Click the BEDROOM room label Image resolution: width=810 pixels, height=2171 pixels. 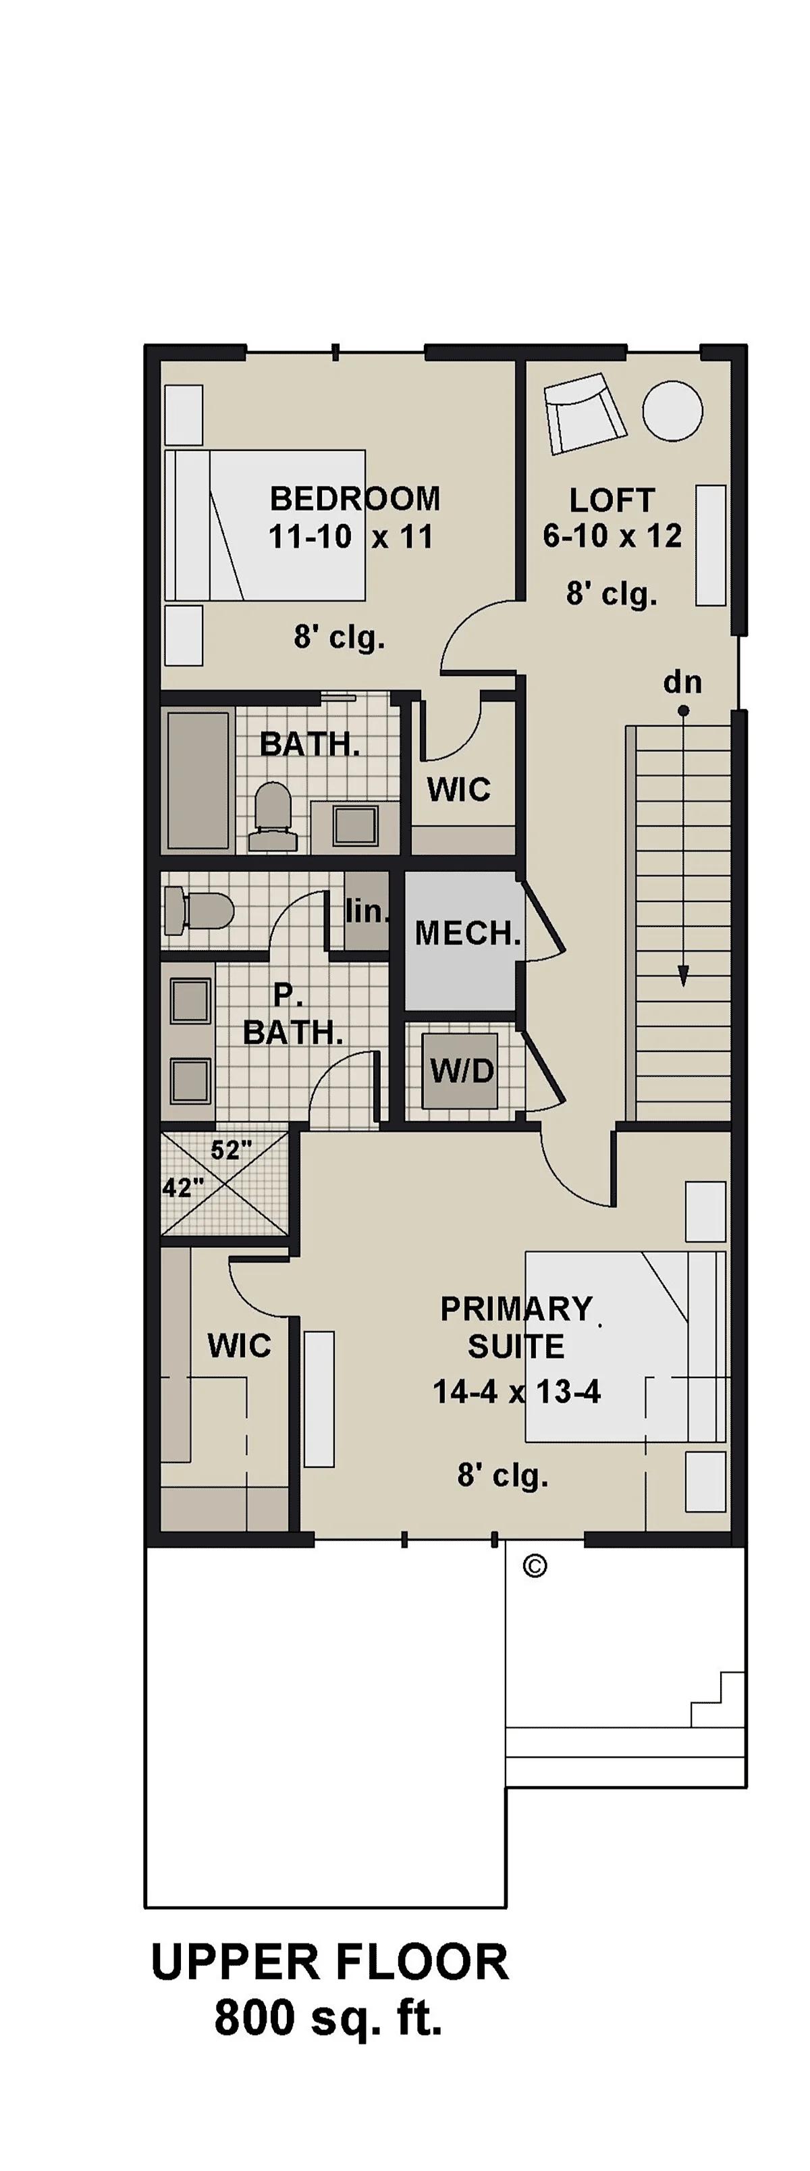pos(355,498)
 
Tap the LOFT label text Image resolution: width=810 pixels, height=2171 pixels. pos(612,500)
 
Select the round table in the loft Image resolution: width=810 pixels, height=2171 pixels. pos(672,411)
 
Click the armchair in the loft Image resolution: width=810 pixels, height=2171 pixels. pos(585,415)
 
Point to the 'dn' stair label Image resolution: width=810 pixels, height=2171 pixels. pos(682,681)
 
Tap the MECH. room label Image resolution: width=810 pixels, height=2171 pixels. pos(467,933)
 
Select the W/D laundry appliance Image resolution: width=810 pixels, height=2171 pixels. pos(460,1070)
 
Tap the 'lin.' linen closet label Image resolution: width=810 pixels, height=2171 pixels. pos(367,911)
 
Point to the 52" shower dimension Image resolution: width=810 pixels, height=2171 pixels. pos(231,1149)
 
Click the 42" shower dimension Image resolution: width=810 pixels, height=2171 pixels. pos(183,1188)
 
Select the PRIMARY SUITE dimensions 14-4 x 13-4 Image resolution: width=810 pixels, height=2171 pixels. pos(516,1390)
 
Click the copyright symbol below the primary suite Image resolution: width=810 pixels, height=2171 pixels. pos(535,1566)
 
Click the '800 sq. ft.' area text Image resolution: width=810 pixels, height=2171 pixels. pos(329,2017)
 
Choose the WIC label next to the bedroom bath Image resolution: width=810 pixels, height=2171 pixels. pos(458,789)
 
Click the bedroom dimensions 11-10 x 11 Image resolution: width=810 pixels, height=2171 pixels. pos(350,536)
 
